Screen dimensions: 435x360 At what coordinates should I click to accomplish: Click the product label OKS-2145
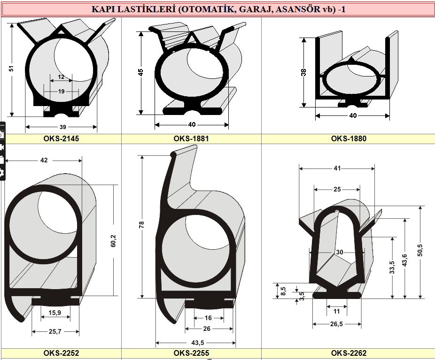[x=61, y=138]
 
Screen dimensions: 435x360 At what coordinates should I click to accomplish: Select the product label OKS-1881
[x=191, y=138]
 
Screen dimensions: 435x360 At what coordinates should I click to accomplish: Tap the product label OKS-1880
[x=349, y=138]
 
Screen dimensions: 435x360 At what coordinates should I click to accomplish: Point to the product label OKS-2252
[x=61, y=353]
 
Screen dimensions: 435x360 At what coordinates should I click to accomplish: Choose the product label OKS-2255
[x=191, y=353]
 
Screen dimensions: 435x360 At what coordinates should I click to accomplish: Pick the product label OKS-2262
[x=349, y=353]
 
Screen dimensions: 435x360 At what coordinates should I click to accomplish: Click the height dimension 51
[x=11, y=69]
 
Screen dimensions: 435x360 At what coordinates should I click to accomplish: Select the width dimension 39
[x=62, y=127]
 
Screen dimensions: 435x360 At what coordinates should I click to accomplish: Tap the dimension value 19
[x=62, y=91]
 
